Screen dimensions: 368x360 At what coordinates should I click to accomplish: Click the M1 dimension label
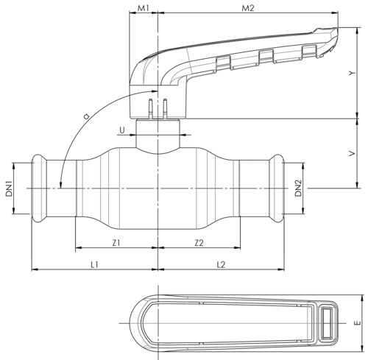click(144, 8)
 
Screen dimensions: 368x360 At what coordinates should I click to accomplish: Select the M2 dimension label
click(248, 8)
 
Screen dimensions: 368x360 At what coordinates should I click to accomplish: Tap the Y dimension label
click(352, 73)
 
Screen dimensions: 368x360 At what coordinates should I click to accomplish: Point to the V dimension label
click(352, 153)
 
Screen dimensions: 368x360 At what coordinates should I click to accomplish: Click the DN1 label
click(9, 188)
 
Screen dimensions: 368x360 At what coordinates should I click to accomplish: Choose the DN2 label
click(298, 188)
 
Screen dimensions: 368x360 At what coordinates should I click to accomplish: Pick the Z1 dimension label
click(116, 243)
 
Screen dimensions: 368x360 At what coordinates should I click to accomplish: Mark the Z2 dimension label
click(199, 243)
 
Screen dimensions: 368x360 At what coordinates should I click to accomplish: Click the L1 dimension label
click(94, 264)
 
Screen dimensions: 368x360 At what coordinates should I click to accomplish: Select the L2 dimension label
click(221, 264)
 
